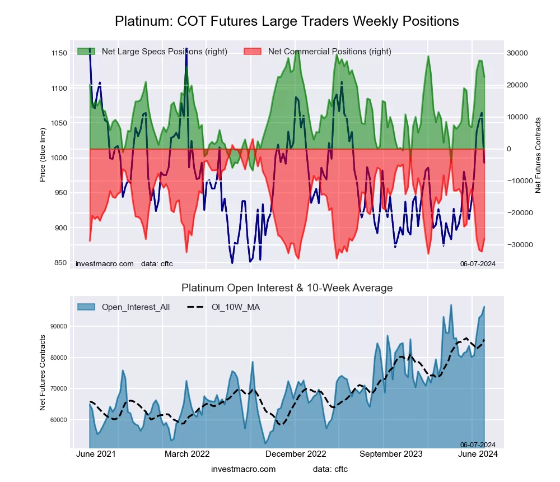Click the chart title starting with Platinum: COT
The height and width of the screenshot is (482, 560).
pos(287,21)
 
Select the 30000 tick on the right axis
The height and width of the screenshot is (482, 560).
pos(518,53)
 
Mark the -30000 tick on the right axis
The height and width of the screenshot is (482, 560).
pos(517,245)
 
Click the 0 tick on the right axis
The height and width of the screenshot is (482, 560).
pos(509,149)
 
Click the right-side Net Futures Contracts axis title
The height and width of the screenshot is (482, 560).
pos(538,155)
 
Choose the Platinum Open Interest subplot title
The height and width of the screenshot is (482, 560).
pos(287,288)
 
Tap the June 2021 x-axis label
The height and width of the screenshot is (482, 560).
pos(96,454)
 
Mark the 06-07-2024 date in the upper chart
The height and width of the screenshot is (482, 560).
pos(478,263)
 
